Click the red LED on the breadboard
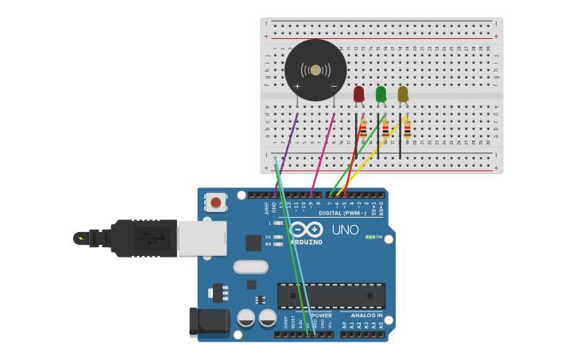pyautogui.click(x=358, y=94)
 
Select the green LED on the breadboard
pyautogui.click(x=381, y=94)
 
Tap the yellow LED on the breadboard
pyautogui.click(x=403, y=94)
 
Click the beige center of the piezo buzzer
pyautogui.click(x=315, y=70)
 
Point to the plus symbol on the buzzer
pyautogui.click(x=297, y=86)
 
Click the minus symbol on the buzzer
pyautogui.click(x=334, y=86)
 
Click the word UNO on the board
pyautogui.click(x=344, y=230)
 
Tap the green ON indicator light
pyautogui.click(x=370, y=237)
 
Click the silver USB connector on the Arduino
pyautogui.click(x=201, y=238)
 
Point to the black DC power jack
pyautogui.click(x=209, y=322)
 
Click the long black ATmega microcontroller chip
pyautogui.click(x=331, y=296)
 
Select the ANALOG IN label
pyautogui.click(x=366, y=315)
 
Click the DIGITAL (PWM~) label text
pyautogui.click(x=342, y=213)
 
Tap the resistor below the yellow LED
pyautogui.click(x=408, y=128)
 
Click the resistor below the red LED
pyautogui.click(x=363, y=128)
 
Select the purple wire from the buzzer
pyautogui.click(x=287, y=151)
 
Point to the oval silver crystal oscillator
pyautogui.click(x=250, y=267)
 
